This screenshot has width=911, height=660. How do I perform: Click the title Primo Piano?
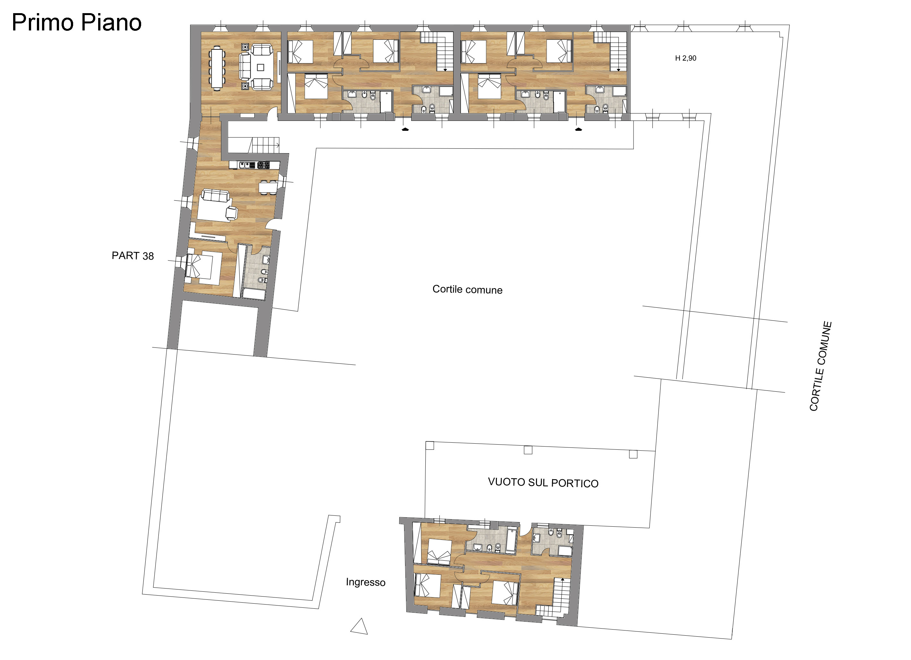77,22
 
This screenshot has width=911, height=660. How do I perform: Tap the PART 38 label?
132,256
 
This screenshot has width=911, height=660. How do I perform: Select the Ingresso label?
366,582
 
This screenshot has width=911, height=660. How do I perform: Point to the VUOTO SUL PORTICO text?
543,482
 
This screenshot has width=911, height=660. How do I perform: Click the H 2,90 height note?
686,58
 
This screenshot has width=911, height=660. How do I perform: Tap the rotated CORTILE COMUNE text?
821,366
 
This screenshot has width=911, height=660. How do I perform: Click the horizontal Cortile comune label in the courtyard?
467,289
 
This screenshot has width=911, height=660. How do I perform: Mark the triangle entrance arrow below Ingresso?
360,626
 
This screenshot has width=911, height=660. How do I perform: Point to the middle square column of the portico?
528,450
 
